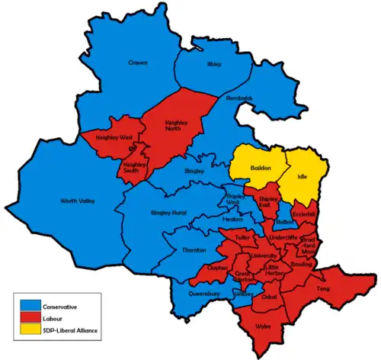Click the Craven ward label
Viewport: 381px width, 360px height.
point(138,63)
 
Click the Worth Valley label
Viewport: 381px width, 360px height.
point(78,201)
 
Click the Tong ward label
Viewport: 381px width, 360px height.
point(323,289)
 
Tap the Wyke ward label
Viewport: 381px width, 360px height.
point(264,326)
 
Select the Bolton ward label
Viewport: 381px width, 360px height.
point(284,222)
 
